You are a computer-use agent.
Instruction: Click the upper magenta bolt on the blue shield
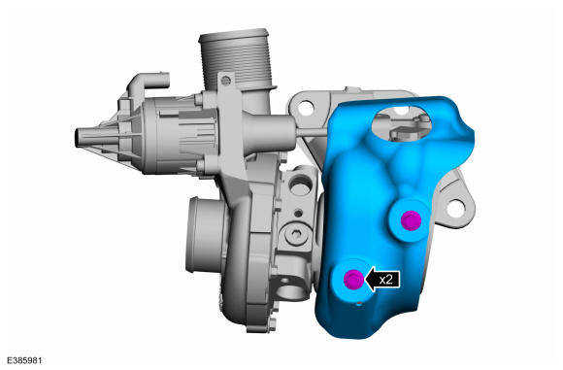pos(411,220)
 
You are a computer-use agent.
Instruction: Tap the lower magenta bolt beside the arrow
pos(353,279)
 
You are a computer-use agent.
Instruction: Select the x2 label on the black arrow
pos(385,279)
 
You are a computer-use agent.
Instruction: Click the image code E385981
pos(24,360)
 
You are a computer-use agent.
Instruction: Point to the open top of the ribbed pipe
pos(233,35)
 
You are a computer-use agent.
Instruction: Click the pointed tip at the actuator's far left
pos(78,138)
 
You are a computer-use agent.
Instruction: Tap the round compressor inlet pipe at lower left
pos(207,235)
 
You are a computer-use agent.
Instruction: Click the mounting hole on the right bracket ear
pos(456,209)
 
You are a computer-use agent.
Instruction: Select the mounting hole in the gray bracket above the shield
pos(306,108)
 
